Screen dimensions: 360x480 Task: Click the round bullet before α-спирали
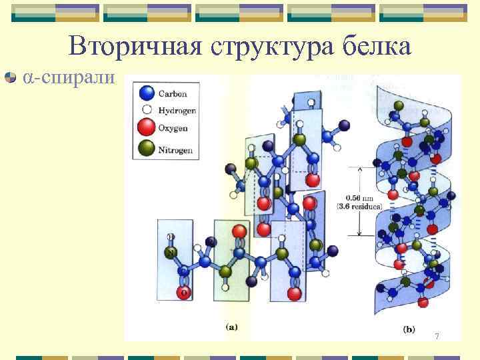[x=10, y=78]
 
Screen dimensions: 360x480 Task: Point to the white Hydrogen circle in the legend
[x=146, y=110]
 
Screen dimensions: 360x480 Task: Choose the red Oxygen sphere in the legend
[x=147, y=127]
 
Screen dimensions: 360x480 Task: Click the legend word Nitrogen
[x=175, y=150]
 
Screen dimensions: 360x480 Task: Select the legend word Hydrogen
[x=176, y=111]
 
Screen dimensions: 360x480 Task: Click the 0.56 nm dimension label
[x=361, y=197]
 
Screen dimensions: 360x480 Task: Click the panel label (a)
[x=231, y=327]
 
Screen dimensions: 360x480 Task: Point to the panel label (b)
[x=409, y=328]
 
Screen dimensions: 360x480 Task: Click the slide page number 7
[x=437, y=335]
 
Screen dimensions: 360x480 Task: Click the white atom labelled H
[x=171, y=236]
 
